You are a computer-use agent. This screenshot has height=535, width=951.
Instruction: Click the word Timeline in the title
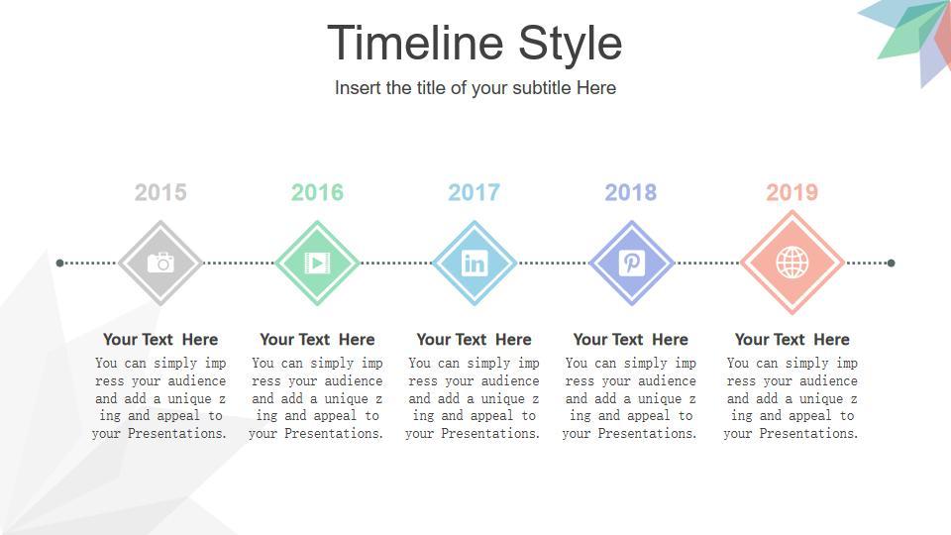pyautogui.click(x=415, y=43)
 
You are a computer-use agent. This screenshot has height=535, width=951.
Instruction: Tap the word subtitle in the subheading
pyautogui.click(x=542, y=88)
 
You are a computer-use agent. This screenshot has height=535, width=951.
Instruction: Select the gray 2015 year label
pyautogui.click(x=160, y=193)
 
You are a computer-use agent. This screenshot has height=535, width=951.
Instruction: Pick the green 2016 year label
pyautogui.click(x=317, y=193)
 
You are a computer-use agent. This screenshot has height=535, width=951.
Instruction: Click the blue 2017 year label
pyautogui.click(x=474, y=193)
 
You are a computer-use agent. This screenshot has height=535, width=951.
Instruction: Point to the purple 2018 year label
pyautogui.click(x=631, y=193)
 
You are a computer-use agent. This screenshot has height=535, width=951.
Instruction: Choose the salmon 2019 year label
pyautogui.click(x=792, y=193)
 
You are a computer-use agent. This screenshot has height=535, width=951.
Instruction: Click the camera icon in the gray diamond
pyautogui.click(x=160, y=263)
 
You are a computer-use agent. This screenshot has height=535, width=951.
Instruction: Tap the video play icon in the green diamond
pyautogui.click(x=317, y=263)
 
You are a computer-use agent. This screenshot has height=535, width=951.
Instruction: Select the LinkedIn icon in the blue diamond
pyautogui.click(x=475, y=264)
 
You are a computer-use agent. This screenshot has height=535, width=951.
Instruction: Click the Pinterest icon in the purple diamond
pyautogui.click(x=631, y=264)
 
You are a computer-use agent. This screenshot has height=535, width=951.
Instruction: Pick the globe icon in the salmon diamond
pyautogui.click(x=792, y=264)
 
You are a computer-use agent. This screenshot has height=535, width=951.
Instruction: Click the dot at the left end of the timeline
pyautogui.click(x=59, y=263)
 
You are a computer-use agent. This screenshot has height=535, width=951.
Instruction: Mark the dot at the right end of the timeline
pyautogui.click(x=891, y=263)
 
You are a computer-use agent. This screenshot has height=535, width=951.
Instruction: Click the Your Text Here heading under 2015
pyautogui.click(x=160, y=339)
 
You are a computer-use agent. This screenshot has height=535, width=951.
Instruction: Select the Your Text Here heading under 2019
pyautogui.click(x=792, y=339)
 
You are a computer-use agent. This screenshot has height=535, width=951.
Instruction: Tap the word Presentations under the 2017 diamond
pyautogui.click(x=490, y=433)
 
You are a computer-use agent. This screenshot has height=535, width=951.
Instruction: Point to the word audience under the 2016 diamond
pyautogui.click(x=354, y=380)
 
